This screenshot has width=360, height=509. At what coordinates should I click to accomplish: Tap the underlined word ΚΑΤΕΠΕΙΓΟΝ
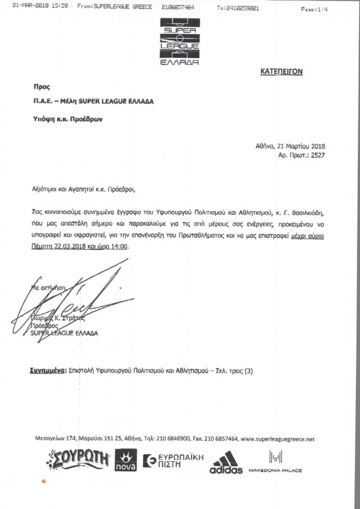click(x=281, y=72)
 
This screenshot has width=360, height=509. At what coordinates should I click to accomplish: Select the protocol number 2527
click(x=317, y=155)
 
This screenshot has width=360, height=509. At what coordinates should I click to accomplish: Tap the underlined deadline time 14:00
click(x=118, y=247)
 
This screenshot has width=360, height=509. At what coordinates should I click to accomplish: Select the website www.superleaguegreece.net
click(x=278, y=439)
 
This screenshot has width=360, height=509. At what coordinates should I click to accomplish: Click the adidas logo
click(x=226, y=463)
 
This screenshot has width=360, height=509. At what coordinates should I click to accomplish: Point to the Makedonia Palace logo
click(x=275, y=462)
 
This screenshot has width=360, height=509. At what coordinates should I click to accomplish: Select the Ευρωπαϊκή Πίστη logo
click(x=173, y=461)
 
